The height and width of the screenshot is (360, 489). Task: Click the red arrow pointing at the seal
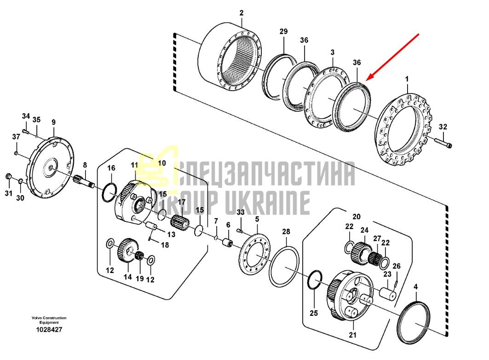(x=393, y=57)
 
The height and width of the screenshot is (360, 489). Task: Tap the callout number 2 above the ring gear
(x=242, y=13)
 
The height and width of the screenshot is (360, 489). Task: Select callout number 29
(x=283, y=31)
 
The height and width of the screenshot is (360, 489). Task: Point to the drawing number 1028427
(x=49, y=330)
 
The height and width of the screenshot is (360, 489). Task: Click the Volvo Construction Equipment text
(x=49, y=320)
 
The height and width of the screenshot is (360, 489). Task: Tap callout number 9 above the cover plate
(x=53, y=122)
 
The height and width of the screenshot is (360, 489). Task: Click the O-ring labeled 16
(x=109, y=192)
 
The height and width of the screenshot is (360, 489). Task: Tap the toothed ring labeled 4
(x=414, y=323)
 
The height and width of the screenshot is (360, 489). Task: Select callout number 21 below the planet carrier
(x=352, y=335)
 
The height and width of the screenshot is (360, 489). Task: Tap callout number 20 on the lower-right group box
(x=356, y=216)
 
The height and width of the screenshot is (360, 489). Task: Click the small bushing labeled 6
(x=227, y=242)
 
